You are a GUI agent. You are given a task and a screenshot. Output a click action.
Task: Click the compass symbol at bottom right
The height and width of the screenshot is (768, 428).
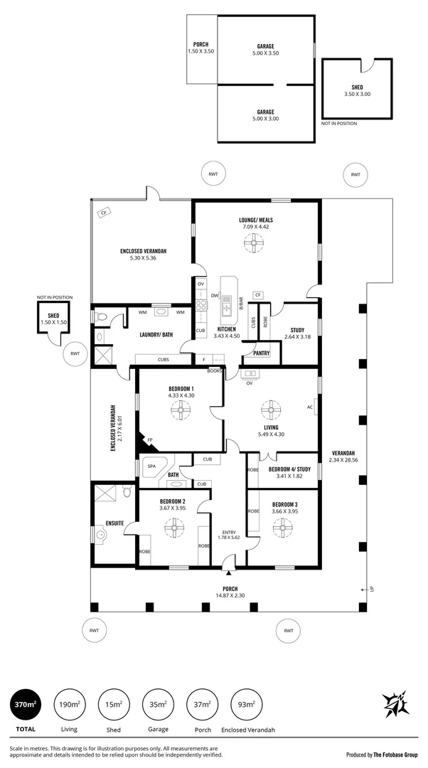click(x=395, y=705)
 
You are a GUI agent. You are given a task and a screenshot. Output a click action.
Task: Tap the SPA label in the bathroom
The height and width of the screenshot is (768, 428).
click(x=151, y=466)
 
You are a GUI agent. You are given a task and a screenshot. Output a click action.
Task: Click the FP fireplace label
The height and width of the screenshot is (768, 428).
click(x=150, y=441)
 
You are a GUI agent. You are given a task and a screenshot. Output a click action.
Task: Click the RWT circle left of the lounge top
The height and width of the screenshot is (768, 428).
click(x=213, y=174)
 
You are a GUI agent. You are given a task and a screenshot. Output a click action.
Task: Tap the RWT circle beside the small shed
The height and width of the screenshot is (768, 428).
click(x=75, y=353)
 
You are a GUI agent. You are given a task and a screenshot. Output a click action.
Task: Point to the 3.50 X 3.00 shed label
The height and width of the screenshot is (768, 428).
click(x=357, y=94)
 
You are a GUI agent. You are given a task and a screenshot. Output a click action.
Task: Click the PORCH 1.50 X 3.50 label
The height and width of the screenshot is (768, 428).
click(x=200, y=48)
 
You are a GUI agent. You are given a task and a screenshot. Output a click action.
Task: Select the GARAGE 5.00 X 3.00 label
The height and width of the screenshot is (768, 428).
click(x=265, y=115)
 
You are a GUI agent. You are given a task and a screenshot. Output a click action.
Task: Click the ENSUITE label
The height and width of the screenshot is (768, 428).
click(x=114, y=523)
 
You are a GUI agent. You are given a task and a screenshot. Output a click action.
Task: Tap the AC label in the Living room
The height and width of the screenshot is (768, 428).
click(x=309, y=407)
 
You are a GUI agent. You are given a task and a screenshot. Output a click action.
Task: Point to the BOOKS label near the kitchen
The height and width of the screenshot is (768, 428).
click(x=214, y=370)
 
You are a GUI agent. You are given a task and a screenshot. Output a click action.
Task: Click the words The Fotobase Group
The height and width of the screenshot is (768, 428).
click(x=396, y=755)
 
